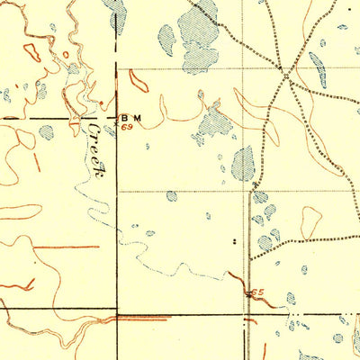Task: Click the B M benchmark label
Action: click(131, 118)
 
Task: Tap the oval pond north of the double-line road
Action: click(243, 163)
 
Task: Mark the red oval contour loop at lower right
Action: click(310, 220)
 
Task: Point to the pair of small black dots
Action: click(235, 241)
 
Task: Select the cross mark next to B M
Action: click(117, 118)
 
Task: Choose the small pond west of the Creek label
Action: click(46, 131)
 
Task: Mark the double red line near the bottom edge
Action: click(144, 318)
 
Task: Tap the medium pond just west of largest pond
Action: click(166, 37)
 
